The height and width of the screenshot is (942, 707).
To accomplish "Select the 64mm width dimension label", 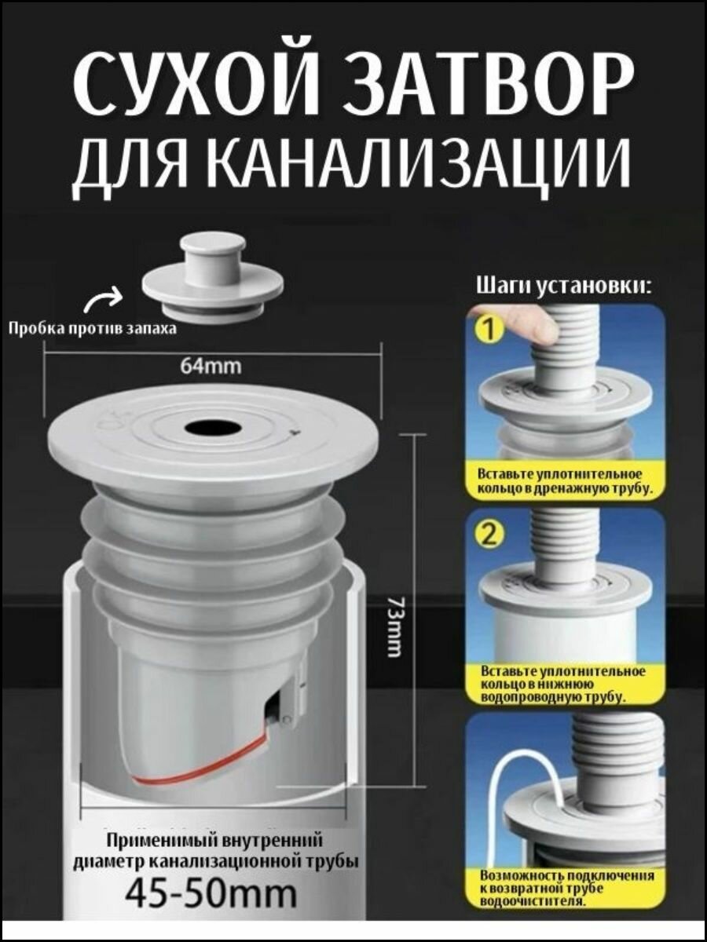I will (x=211, y=365).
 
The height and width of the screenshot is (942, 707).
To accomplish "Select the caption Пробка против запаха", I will (x=92, y=328).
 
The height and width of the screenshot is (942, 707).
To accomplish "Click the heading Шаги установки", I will (x=563, y=286).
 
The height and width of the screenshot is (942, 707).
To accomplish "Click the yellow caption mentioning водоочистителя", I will (x=566, y=888).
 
